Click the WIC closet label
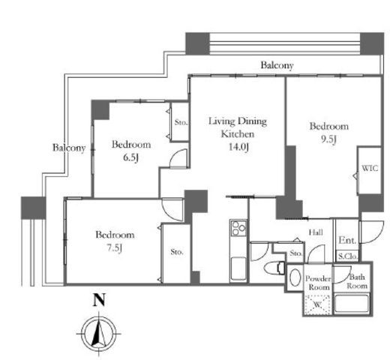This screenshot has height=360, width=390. coord(370,168)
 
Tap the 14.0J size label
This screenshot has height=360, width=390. coord(238,147)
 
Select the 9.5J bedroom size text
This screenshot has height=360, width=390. coord(328,139)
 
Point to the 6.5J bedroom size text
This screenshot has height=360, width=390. coord(130,157)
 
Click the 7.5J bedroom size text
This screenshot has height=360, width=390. coord(115,248)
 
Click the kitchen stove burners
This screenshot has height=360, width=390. coord(238,229)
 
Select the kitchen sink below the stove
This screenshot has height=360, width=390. coord(238,268)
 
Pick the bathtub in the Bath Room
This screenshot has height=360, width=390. coord(352,304)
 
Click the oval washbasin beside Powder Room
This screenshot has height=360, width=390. coord(295,277)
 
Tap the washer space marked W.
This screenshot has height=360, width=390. coord(317,304)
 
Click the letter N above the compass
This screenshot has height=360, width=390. coord(99,300)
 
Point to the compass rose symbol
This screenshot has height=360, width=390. coord(99,334)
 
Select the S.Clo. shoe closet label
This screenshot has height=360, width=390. coord(348,256)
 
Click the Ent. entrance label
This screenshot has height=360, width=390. coord(347,241)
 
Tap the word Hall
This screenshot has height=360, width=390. coord(316,232)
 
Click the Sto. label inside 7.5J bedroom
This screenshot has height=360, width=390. coord(177,252)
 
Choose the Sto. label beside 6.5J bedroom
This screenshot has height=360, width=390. coord(181,122)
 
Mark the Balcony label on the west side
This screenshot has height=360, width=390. coord(69,148)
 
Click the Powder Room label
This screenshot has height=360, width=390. coord(318,283)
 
